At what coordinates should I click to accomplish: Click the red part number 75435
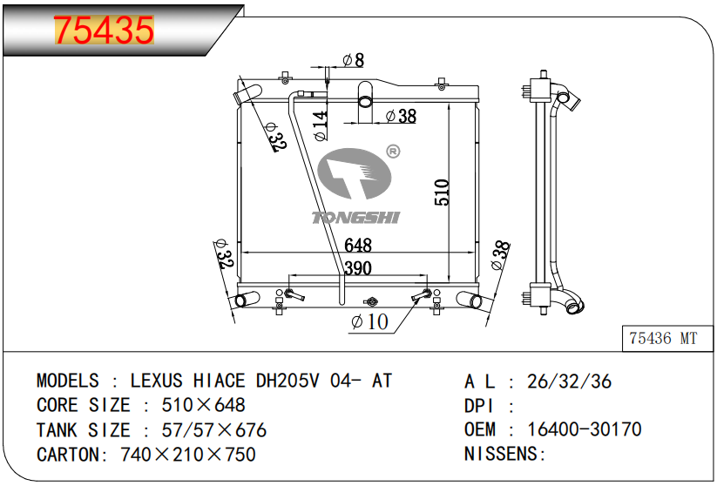(104, 30)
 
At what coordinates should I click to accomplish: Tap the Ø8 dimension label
(354, 60)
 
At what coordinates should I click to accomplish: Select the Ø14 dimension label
(321, 125)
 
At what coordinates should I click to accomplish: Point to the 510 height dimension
(443, 192)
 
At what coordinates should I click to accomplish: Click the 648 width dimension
(358, 246)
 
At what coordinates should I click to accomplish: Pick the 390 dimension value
(358, 268)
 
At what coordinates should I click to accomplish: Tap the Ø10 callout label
(370, 322)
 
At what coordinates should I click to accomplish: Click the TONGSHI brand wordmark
(355, 218)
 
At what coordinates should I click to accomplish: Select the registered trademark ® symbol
(393, 152)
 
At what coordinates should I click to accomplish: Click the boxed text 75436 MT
(663, 338)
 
